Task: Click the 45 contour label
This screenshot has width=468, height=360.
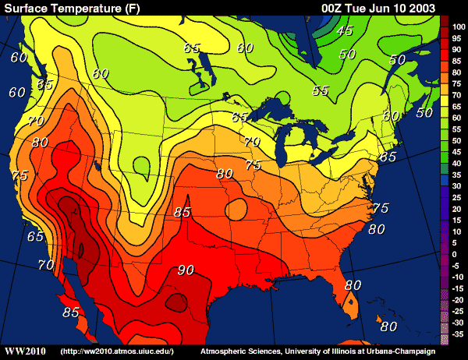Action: coord(345,31)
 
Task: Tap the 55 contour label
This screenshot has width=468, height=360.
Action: coord(320,90)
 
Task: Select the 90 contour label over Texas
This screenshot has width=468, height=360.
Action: coord(185,270)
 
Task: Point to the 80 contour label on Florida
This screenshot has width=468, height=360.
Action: coord(353,285)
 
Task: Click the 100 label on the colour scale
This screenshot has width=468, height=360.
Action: coord(459,27)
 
